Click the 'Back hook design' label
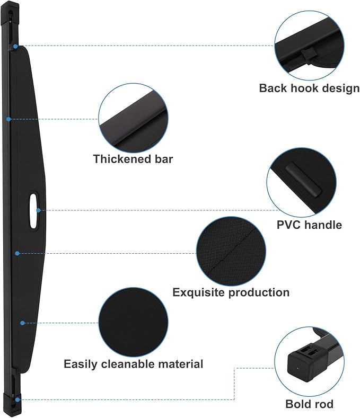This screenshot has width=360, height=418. (309, 88)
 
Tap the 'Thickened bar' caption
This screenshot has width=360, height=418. (133, 159)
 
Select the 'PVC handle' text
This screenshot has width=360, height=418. (309, 225)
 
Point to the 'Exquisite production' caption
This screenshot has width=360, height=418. (231, 292)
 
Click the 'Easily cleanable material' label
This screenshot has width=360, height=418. (134, 364)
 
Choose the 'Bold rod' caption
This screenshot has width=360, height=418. (309, 404)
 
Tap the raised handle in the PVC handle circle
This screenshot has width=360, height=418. (303, 180)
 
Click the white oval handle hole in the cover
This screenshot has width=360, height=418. (33, 211)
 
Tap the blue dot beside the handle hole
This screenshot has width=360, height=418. (38, 210)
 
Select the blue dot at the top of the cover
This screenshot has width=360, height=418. (15, 47)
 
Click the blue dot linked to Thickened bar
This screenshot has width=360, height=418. (8, 119)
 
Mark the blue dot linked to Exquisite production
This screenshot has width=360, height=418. (17, 253)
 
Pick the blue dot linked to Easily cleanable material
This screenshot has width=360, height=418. (22, 323)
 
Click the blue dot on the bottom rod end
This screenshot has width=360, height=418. (17, 399)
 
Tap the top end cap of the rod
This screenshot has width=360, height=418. (10, 12)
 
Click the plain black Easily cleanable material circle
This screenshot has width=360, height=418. (133, 322)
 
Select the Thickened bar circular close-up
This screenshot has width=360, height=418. (133, 118)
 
